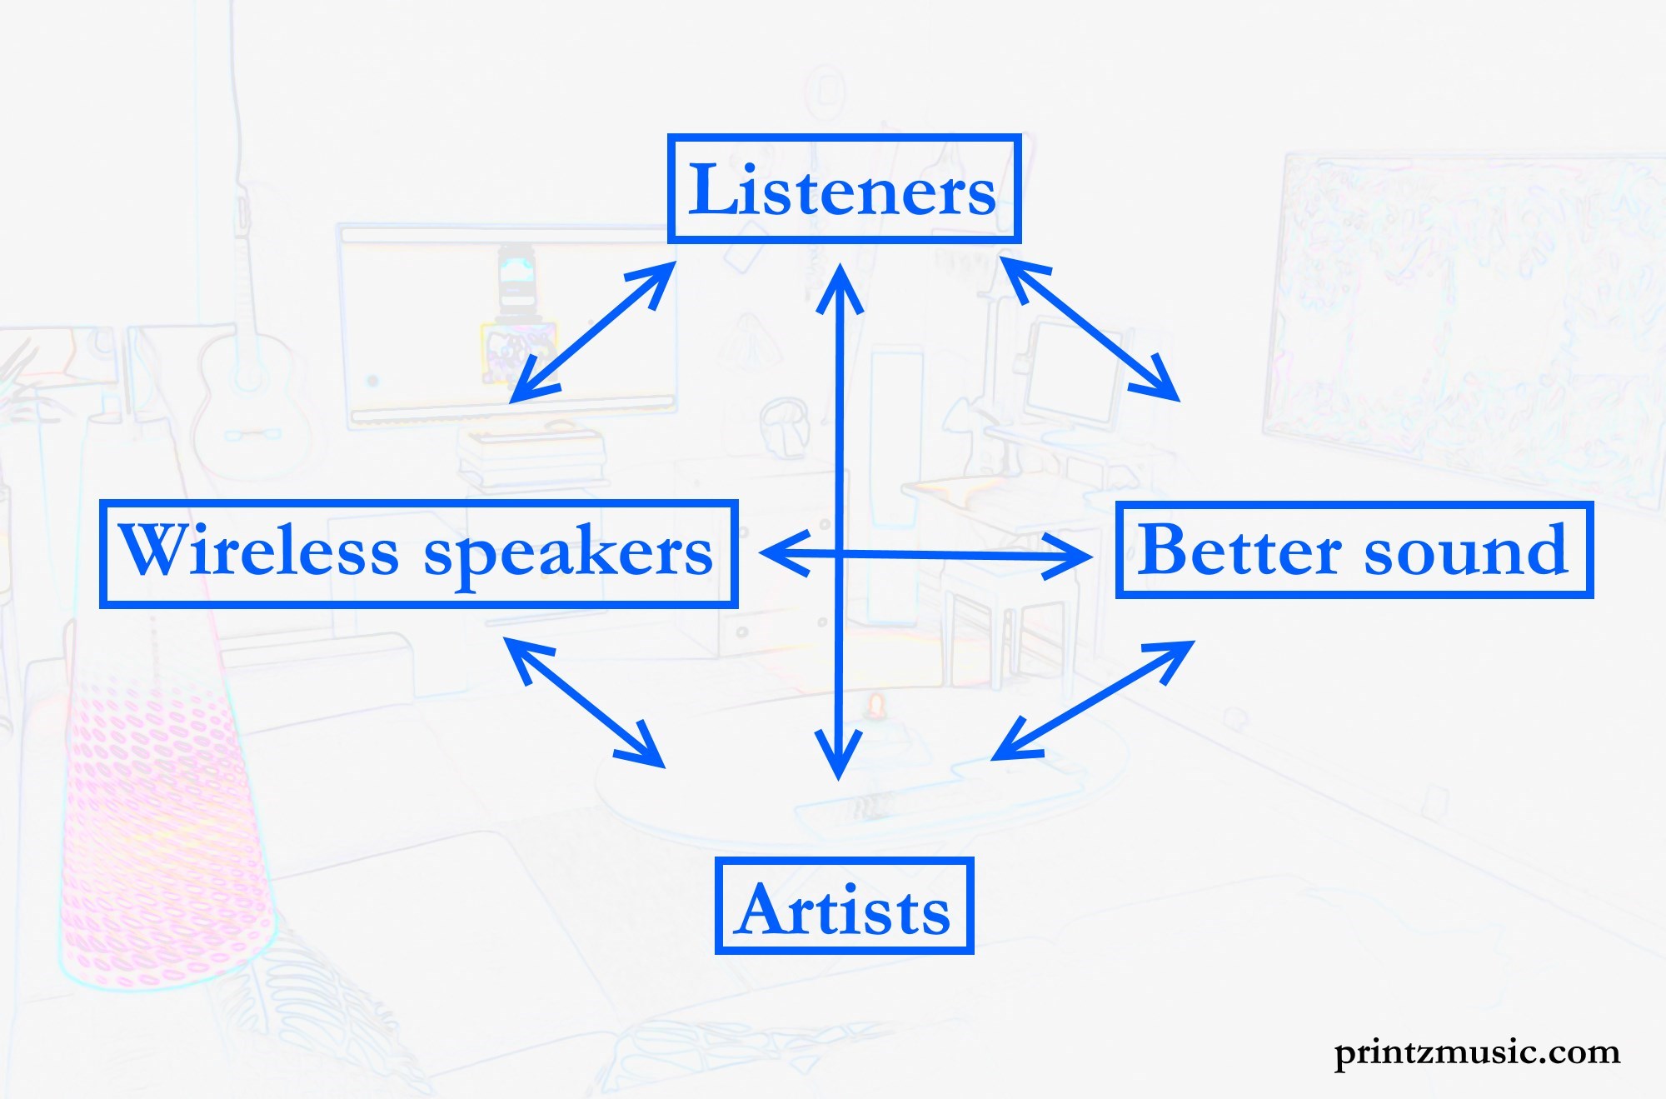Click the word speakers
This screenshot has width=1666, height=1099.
click(x=569, y=554)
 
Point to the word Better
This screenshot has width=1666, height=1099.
click(x=1240, y=549)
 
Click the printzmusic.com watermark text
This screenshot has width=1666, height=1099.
click(x=1477, y=1053)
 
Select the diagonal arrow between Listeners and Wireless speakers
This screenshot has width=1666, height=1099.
click(x=592, y=332)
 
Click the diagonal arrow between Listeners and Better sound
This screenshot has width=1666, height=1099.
click(x=1090, y=329)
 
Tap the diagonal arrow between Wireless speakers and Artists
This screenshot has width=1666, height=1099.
click(x=584, y=702)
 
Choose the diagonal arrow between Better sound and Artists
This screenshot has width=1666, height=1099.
click(x=1093, y=700)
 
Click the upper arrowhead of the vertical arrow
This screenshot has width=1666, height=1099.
click(x=840, y=287)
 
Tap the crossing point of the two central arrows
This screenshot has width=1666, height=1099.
click(x=839, y=552)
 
